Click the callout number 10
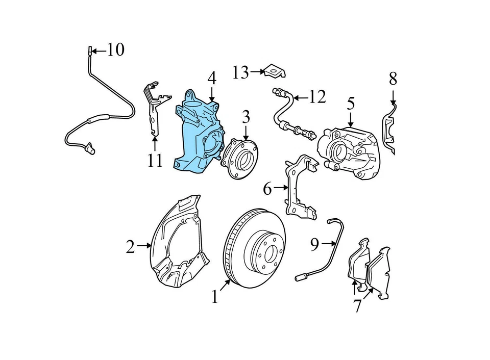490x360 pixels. point(115,50)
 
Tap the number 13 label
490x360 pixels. point(240,73)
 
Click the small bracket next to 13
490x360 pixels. point(274,72)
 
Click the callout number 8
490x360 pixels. point(393,79)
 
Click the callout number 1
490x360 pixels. point(215,296)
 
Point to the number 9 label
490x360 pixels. point(314,245)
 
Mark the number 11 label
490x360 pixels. point(155,161)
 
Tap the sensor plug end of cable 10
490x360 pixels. point(91,149)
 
